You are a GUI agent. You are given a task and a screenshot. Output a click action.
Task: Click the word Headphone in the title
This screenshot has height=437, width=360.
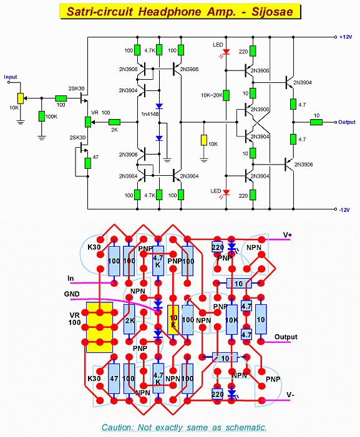(170, 12)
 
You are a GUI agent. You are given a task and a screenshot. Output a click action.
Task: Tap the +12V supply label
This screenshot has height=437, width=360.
(346, 37)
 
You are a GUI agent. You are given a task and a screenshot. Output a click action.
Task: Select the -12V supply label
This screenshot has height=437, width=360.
(344, 210)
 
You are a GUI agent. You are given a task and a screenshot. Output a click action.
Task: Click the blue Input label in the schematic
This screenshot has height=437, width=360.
(11, 77)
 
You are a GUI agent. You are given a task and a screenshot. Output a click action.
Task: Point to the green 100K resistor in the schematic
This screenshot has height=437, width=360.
(42, 116)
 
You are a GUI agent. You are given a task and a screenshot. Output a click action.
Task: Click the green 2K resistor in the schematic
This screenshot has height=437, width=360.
(114, 122)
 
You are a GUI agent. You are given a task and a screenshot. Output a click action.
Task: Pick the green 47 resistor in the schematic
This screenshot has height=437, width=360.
(87, 163)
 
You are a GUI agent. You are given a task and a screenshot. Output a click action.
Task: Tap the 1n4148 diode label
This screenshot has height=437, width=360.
(150, 114)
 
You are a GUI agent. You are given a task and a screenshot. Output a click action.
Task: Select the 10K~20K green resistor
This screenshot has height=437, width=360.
(226, 95)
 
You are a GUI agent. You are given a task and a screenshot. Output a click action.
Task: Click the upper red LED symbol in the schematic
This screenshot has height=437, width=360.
(226, 52)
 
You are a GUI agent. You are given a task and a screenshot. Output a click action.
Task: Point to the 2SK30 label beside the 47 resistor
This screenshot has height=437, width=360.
(77, 138)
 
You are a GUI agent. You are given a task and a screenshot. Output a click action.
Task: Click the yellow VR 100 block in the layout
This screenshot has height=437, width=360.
(100, 327)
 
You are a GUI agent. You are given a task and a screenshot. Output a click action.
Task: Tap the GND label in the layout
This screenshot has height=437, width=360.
(72, 294)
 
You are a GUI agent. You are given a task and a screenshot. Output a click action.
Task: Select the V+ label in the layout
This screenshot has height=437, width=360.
(288, 235)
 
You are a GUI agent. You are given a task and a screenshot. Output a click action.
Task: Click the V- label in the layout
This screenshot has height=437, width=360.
(290, 395)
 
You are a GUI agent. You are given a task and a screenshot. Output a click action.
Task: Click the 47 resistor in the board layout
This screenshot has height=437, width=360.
(114, 378)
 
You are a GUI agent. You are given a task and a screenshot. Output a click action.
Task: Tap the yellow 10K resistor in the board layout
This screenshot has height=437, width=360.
(173, 320)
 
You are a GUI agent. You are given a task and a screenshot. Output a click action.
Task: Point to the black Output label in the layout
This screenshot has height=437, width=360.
(286, 337)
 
